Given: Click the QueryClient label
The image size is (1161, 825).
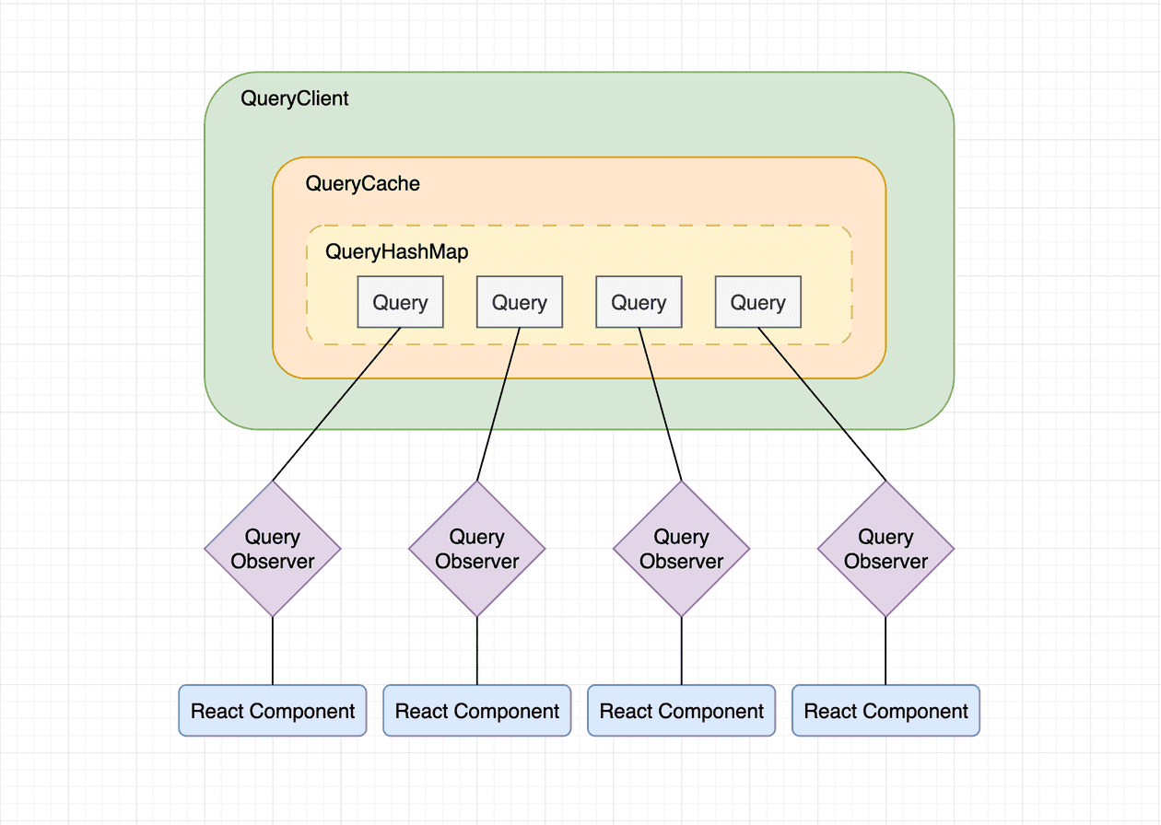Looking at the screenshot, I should coord(295,99).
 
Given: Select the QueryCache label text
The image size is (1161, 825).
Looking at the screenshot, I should coord(362,184).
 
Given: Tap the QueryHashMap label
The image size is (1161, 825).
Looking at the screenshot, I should coord(397,251).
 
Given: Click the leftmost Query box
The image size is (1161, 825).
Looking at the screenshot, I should coord(400,302).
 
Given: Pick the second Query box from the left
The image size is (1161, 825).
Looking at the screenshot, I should coord(519,302).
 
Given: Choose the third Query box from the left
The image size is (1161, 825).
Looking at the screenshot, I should coord(639,302).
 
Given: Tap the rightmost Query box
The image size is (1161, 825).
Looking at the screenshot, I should coord(757,302).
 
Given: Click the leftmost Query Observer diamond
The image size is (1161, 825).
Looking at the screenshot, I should coord(273,549).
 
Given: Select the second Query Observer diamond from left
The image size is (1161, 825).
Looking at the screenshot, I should coord(477,549).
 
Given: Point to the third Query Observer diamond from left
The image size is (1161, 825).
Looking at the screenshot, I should coord(682,549).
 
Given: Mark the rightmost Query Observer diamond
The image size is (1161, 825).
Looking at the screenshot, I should coord(885,549).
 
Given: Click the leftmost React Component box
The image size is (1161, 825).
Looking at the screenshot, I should coord(273,711).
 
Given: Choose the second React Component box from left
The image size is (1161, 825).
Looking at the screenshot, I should coord(477,711).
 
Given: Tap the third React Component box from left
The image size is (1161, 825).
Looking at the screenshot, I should coord(682,711).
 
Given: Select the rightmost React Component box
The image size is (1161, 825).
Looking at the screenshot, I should coord(885,711).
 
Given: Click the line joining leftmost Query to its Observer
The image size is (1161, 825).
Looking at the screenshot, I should coord(336,404).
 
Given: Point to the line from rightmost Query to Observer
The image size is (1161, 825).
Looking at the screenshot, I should coord(822,404).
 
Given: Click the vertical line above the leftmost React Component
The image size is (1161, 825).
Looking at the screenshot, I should coord(273,651).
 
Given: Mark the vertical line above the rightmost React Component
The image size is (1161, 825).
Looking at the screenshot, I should coord(885,651).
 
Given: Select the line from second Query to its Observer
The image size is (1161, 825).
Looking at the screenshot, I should coord(498,404).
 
